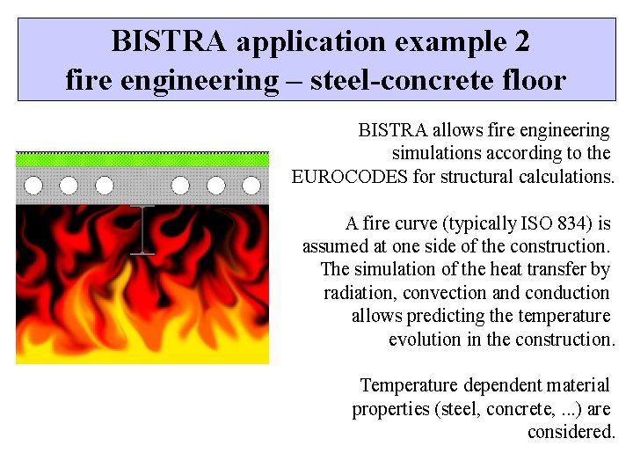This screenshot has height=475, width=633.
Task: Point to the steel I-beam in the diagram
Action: (x=142, y=230)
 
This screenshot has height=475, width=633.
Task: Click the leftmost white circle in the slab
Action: (x=33, y=186)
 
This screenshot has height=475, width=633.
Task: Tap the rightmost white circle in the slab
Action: (x=251, y=186)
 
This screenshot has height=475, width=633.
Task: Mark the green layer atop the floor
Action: (x=142, y=160)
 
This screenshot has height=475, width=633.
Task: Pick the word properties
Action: (x=389, y=409)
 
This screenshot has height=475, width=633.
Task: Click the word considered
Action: (x=571, y=432)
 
